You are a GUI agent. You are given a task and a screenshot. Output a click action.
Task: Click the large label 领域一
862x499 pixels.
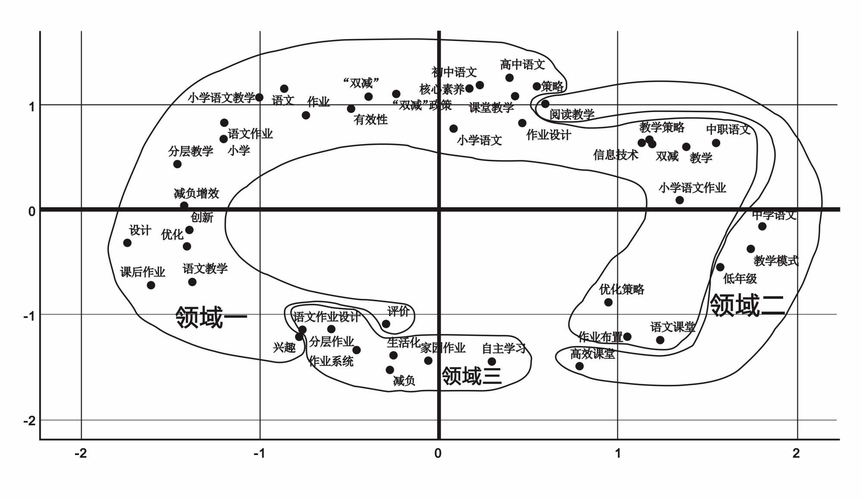coord(211,318)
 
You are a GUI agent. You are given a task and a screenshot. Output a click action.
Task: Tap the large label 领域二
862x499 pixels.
coord(747,306)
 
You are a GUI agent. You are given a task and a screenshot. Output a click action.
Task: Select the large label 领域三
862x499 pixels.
coord(472,376)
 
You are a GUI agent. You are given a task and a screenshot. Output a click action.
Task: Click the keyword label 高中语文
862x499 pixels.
coord(522,65)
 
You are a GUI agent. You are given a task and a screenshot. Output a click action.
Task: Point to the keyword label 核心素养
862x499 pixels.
coord(442,89)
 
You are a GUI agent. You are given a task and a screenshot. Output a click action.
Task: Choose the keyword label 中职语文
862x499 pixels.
coord(728,129)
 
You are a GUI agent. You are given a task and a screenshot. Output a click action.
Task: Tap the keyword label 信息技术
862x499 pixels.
coord(615,155)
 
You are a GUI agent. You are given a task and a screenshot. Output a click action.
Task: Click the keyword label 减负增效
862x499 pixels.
coord(197,193)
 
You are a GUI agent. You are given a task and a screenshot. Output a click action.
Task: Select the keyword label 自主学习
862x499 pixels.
coord(504,348)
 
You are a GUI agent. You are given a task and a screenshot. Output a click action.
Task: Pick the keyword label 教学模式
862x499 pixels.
coord(776,261)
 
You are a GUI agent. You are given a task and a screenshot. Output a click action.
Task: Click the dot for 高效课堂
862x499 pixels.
coord(580,366)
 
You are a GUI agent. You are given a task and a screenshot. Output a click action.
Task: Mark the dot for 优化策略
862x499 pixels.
coord(608,303)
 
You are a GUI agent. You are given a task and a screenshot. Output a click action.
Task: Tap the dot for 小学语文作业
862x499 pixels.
coord(680,200)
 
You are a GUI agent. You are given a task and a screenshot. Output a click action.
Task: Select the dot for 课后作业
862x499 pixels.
coord(151,285)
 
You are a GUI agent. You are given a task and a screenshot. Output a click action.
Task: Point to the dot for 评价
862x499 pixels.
coord(386,324)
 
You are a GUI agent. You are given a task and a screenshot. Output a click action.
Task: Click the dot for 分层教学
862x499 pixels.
coord(177,164)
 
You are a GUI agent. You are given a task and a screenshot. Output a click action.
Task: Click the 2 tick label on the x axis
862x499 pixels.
coord(796,453)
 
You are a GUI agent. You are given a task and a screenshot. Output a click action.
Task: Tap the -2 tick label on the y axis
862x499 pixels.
coord(29,421)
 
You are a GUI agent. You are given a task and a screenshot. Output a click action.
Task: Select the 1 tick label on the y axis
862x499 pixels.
coord(31,106)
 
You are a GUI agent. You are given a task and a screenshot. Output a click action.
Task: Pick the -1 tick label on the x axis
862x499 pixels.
coord(259,453)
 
